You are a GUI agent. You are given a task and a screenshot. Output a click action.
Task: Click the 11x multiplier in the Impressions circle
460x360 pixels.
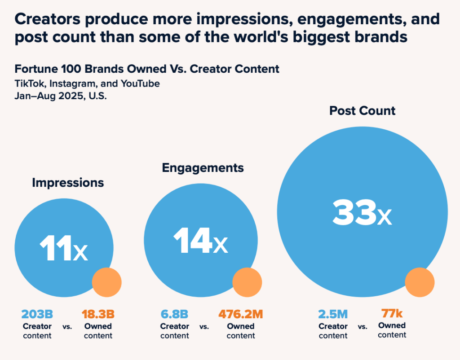[63, 248]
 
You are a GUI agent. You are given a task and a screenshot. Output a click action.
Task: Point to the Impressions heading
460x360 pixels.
[68, 183]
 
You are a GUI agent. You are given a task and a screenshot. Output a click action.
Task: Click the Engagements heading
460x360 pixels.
[203, 168]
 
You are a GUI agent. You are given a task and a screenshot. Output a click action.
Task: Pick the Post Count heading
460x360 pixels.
[362, 110]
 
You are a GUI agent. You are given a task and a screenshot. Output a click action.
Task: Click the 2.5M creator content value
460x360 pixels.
[333, 313]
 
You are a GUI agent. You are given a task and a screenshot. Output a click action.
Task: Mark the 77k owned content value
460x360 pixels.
[392, 313]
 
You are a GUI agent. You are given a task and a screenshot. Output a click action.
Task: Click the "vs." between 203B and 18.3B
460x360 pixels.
[67, 327]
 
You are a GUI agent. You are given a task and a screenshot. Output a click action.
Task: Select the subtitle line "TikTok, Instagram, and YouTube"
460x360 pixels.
[87, 83]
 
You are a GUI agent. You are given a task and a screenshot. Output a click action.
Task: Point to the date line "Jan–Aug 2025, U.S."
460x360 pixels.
[60, 96]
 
